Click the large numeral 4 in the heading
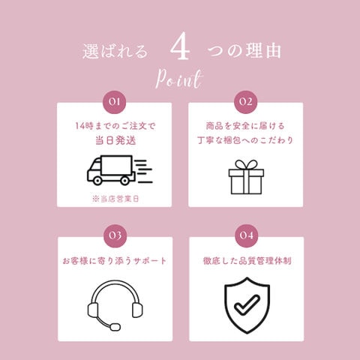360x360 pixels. click(180, 46)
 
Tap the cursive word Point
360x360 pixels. click(178, 79)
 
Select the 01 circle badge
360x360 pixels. click(115, 102)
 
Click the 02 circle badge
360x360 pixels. click(246, 102)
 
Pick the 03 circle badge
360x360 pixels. click(115, 235)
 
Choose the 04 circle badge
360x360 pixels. click(247, 235)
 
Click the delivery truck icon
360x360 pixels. click(119, 170)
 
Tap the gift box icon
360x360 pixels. click(246, 177)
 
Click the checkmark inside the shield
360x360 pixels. click(247, 305)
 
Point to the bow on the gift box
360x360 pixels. click(247, 165)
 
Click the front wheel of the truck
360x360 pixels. click(97, 181)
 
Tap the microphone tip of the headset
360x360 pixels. click(115, 327)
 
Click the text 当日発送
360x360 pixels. click(115, 140)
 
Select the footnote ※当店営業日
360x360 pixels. click(115, 199)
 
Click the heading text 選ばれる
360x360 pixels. click(115, 51)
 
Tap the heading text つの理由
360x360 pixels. click(244, 50)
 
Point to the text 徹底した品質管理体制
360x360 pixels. click(247, 261)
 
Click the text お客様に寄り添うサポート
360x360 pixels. click(115, 261)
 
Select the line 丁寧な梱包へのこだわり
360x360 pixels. click(245, 140)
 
